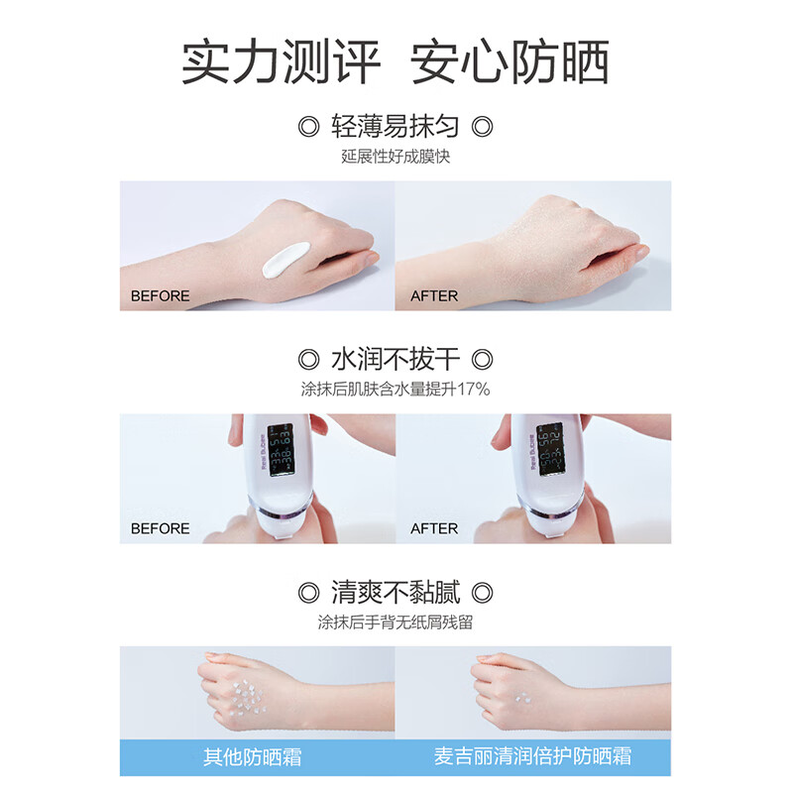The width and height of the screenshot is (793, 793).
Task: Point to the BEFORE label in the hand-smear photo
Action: [160, 295]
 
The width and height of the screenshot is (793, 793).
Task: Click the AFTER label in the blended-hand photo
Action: [434, 295]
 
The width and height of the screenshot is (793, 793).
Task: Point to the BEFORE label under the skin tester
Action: [160, 528]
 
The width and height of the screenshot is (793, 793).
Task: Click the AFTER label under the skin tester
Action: [434, 528]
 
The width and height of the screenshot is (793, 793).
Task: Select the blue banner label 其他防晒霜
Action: [252, 757]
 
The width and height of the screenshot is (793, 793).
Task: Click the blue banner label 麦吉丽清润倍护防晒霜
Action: [532, 757]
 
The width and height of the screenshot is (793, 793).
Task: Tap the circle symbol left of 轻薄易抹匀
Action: [308, 127]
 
